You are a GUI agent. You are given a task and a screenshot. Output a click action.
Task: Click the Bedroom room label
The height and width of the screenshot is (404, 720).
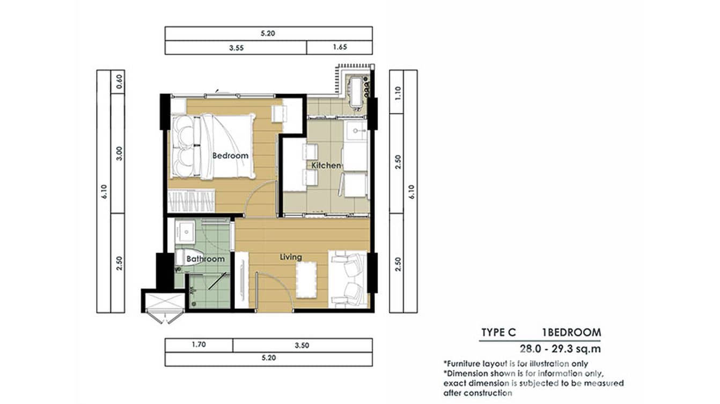click(230, 155)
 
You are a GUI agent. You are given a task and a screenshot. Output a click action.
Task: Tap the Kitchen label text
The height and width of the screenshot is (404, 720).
click(326, 165)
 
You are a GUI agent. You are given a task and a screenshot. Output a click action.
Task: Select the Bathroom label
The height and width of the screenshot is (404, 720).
click(205, 259)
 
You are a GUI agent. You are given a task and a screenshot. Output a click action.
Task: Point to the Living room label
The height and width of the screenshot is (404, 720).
click(291, 257)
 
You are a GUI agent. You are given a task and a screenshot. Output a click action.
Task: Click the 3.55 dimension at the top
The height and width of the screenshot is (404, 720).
click(236, 48)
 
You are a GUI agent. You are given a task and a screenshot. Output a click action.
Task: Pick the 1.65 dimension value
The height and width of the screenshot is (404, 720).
click(340, 47)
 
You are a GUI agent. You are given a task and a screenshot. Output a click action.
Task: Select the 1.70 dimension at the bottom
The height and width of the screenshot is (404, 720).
click(199, 345)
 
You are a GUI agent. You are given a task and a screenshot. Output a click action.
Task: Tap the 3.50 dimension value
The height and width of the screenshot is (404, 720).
click(302, 345)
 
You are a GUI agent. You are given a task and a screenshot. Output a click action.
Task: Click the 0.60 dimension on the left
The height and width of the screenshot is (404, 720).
click(119, 82)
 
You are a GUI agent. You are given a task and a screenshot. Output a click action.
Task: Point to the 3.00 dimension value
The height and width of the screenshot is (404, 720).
click(119, 153)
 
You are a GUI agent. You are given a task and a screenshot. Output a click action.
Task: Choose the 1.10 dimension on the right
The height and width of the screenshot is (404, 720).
click(398, 93)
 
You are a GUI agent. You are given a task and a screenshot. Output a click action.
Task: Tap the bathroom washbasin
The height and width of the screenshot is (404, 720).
click(185, 231)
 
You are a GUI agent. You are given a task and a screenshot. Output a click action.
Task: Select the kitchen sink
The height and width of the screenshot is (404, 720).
click(356, 131)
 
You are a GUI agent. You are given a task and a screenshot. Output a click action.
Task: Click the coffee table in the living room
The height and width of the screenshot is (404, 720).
click(306, 280)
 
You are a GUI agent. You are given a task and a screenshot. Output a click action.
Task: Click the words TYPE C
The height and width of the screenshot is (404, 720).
click(498, 332)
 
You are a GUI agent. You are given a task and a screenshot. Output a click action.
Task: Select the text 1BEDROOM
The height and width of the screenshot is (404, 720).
click(571, 332)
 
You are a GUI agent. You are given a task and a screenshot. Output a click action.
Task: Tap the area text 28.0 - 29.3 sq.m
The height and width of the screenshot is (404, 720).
click(560, 349)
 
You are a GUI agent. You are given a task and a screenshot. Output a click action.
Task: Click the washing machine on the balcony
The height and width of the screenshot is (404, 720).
click(356, 92)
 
